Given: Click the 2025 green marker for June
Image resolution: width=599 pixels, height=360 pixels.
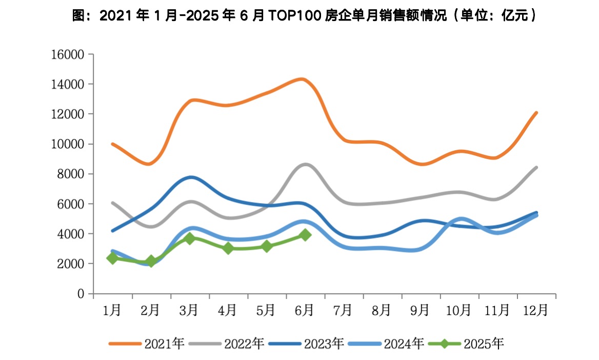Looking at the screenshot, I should [x=305, y=235].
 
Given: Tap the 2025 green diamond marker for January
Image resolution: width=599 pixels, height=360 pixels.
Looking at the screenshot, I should [x=113, y=258].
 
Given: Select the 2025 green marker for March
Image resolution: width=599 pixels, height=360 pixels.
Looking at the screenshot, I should [x=190, y=238].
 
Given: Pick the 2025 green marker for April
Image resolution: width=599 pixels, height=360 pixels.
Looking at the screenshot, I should [x=228, y=248].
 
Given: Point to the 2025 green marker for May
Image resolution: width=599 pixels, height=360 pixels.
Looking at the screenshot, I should [x=267, y=246].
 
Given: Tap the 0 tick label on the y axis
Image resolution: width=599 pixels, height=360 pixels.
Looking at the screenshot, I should [x=81, y=294].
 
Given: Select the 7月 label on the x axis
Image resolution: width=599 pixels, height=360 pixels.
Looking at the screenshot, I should [x=343, y=310].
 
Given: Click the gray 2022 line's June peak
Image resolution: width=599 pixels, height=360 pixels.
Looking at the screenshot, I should [x=306, y=165].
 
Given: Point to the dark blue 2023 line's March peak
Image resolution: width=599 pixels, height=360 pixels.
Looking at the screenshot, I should [x=191, y=177].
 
